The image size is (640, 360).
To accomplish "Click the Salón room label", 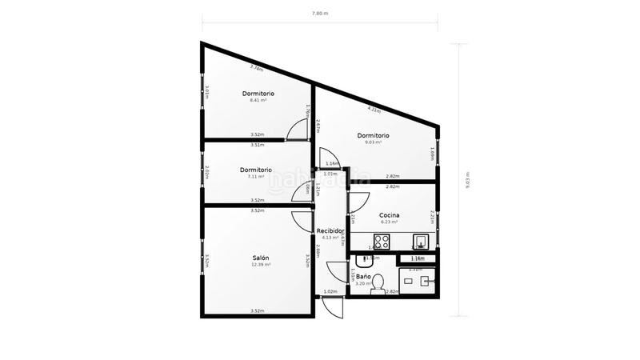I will tap(261, 258).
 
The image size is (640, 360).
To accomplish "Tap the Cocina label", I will tap(390, 215).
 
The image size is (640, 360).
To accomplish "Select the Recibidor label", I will tap(330, 230).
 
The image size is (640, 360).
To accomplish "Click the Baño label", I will tap(363, 276).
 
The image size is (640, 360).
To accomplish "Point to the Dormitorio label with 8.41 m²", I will tap(258, 94).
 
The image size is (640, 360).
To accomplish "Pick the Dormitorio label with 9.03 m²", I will tap(374, 135).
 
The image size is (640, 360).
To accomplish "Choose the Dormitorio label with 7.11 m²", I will tap(256, 170).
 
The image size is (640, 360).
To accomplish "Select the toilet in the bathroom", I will tap(381, 282).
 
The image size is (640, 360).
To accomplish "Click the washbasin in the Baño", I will tap(369, 258).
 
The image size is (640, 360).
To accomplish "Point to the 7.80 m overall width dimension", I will tap(319, 14).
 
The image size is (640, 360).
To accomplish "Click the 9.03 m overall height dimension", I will tap(467, 179).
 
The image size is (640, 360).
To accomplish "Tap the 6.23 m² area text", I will tap(390, 222).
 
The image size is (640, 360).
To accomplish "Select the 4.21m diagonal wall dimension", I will tap(374, 108).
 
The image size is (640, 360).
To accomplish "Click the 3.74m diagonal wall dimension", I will tap(257, 69).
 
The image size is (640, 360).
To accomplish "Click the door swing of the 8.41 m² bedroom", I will tap(298, 127).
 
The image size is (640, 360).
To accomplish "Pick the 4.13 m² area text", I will tap(330, 238).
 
